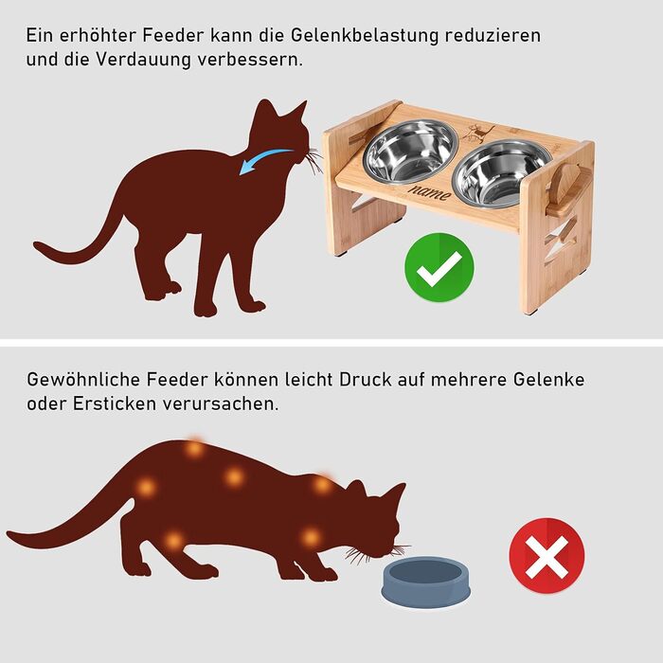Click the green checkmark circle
tap(439, 267)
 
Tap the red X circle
tap(547, 556)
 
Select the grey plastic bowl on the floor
tap(426, 582)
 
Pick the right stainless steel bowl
tap(501, 173)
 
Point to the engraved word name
tap(429, 192)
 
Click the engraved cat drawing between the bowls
tap(477, 133)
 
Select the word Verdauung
tap(143, 59)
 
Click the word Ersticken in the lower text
tap(115, 403)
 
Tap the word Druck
tap(366, 379)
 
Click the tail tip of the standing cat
tap(36, 244)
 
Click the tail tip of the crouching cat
tap(9, 534)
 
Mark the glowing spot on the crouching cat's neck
tap(322, 485)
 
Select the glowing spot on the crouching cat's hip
tap(146, 488)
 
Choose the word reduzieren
tap(493, 35)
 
